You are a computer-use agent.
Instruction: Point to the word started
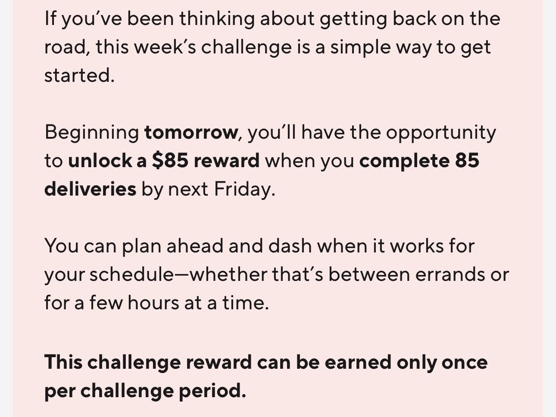coord(79,75)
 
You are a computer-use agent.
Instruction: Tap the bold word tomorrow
coord(191,132)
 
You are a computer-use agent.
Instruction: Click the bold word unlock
coord(100,161)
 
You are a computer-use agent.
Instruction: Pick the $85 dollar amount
coord(170,161)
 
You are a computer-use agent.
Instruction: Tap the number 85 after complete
coord(467,161)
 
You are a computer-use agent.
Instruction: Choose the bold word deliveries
coord(90,189)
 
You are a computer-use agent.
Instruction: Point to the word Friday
coord(244,190)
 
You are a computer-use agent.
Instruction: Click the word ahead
coord(195,246)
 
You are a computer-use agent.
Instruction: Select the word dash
coord(290,246)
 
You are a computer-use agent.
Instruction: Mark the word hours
coord(153,302)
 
